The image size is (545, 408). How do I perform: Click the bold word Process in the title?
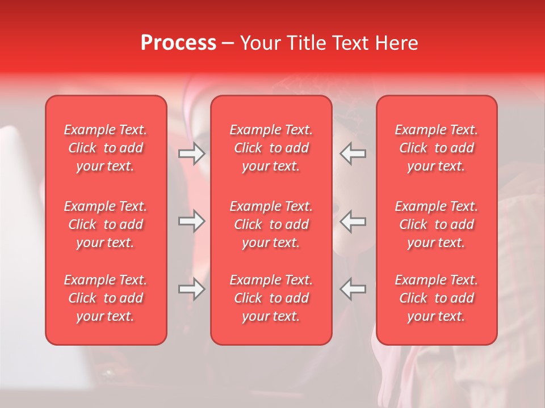(x=178, y=43)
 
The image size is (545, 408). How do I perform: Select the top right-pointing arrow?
(x=192, y=154)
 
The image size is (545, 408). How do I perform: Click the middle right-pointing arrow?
(x=192, y=221)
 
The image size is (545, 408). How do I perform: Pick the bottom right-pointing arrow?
(x=192, y=289)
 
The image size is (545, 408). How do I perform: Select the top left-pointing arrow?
(x=353, y=154)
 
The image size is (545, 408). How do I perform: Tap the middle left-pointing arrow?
(x=353, y=221)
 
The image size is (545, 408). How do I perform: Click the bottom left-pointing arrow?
(x=353, y=289)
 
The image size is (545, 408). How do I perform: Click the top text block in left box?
(x=106, y=148)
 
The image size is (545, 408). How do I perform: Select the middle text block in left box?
(x=106, y=224)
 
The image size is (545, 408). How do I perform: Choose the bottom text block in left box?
(x=106, y=298)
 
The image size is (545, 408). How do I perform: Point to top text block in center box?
(x=271, y=148)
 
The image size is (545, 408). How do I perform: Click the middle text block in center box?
(x=271, y=224)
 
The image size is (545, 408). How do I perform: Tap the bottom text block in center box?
(x=271, y=298)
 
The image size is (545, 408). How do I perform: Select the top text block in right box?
(x=437, y=148)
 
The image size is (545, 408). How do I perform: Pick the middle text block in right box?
(x=437, y=224)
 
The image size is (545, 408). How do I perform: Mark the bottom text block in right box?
(x=437, y=298)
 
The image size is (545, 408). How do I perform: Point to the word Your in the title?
(x=259, y=43)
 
